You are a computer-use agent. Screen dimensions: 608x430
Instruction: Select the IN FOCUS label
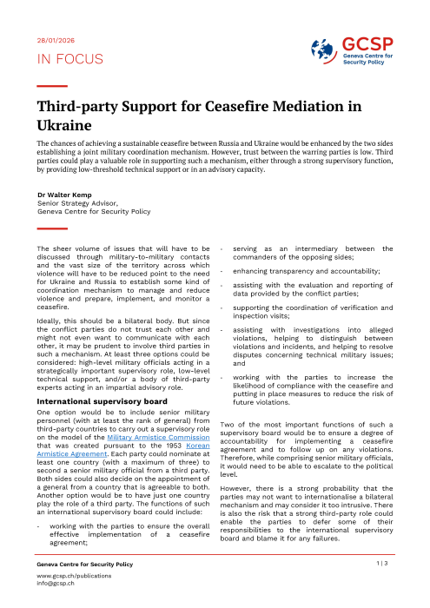pyautogui.click(x=69, y=59)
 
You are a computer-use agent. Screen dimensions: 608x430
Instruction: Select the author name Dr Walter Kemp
pyautogui.click(x=66, y=195)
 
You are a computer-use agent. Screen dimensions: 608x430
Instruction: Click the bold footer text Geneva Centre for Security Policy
pyautogui.click(x=84, y=564)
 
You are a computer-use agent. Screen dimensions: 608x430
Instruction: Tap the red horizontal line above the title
pyautogui.click(x=52, y=86)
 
